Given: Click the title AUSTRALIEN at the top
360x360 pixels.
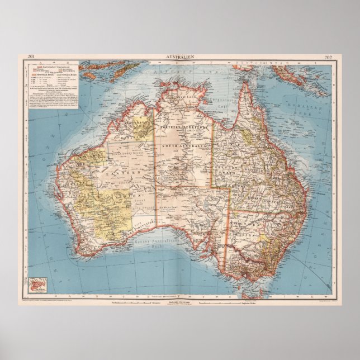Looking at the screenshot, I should (179, 57).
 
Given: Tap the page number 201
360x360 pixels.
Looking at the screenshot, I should (31, 57).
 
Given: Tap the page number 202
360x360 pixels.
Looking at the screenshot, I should (328, 57).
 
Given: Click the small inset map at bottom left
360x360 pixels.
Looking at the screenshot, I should (40, 286).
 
